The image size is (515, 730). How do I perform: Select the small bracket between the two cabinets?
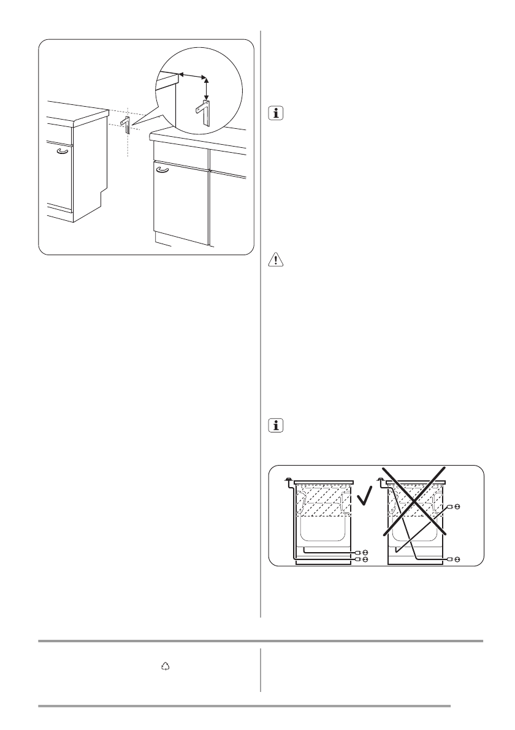coord(126,124)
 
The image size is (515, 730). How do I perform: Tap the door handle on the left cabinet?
coord(62,150)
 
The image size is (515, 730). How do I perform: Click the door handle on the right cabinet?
coord(162,171)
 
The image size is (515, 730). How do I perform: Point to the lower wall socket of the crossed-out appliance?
coord(454,559)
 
